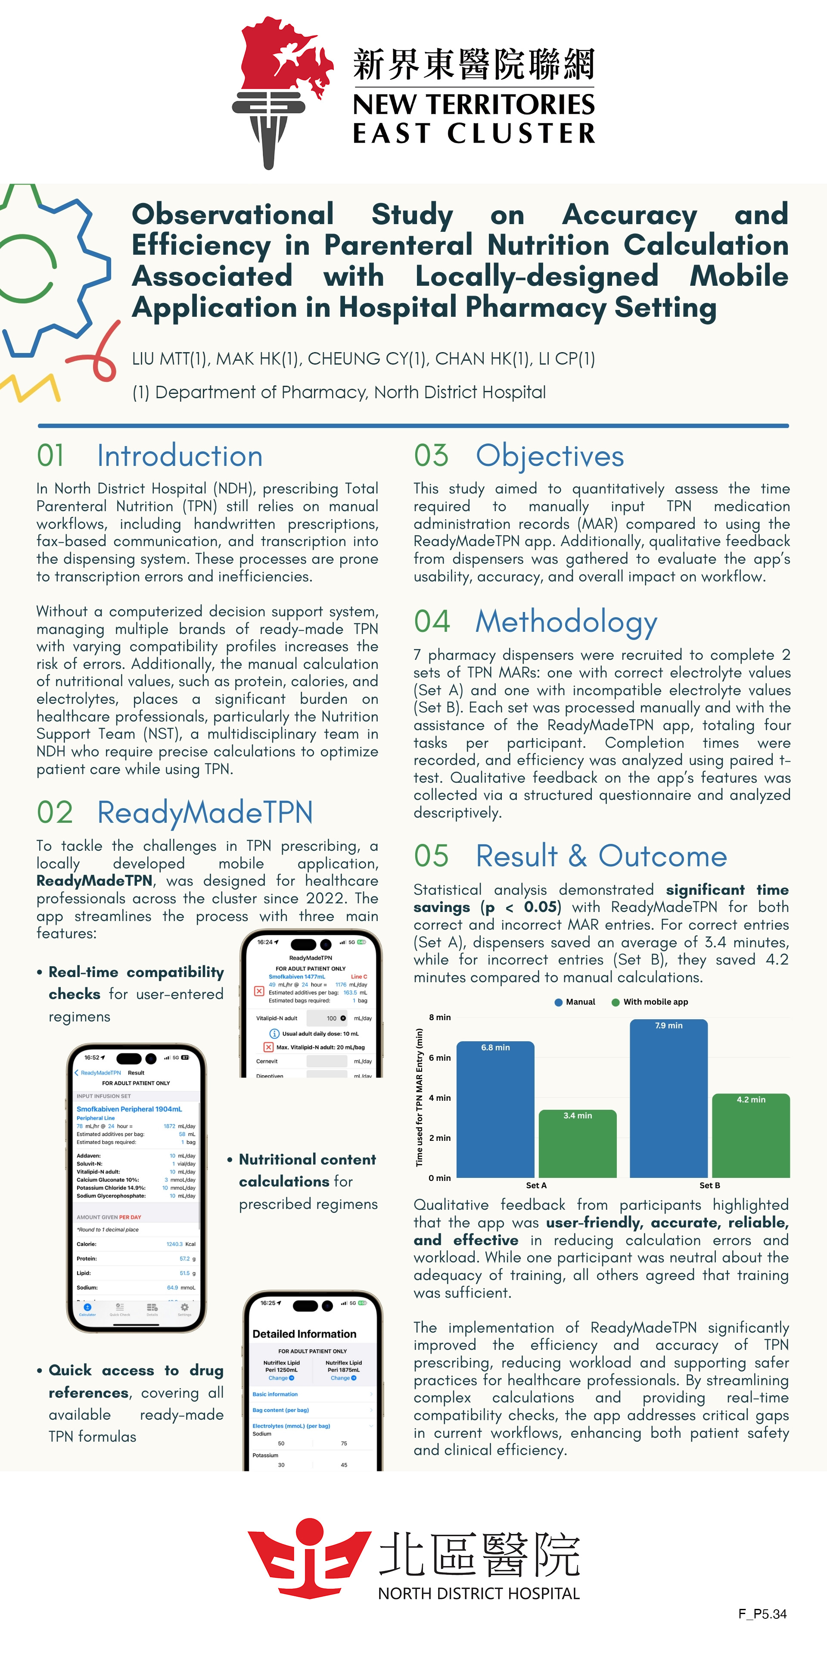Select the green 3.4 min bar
[x=577, y=1143]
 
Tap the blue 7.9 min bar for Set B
[x=668, y=1098]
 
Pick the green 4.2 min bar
[x=751, y=1135]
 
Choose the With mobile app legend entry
[x=650, y=1002]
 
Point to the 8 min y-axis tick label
[x=440, y=1017]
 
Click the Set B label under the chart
[x=709, y=1185]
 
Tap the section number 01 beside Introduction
[x=51, y=456]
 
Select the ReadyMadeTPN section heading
[x=205, y=812]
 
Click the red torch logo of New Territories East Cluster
[x=283, y=90]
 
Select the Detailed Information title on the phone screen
[x=305, y=1334]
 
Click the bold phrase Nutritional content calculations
[x=307, y=1171]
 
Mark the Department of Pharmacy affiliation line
[x=339, y=392]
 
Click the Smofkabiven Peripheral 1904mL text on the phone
[x=129, y=1109]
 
